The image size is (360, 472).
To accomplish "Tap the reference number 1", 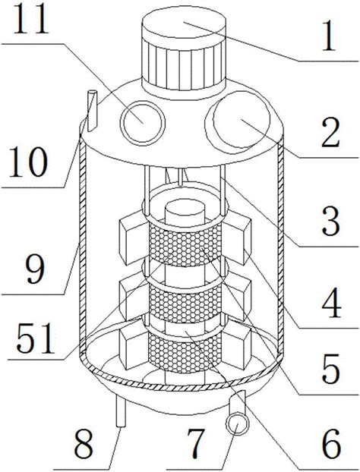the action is [329, 36].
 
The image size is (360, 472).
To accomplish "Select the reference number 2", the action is [331, 132].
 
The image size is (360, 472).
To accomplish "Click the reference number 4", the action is [331, 304].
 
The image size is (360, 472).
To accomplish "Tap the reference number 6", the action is [331, 443].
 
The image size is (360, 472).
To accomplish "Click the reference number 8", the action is [84, 443].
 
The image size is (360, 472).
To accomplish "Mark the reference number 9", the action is [36, 268].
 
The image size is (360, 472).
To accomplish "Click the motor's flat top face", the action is [184, 22].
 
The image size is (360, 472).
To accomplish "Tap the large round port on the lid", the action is [241, 119].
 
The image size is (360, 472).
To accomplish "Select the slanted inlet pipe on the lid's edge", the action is [92, 111].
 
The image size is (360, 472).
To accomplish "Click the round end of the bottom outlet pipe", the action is [238, 423].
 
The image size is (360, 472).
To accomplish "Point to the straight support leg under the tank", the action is [121, 410].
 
